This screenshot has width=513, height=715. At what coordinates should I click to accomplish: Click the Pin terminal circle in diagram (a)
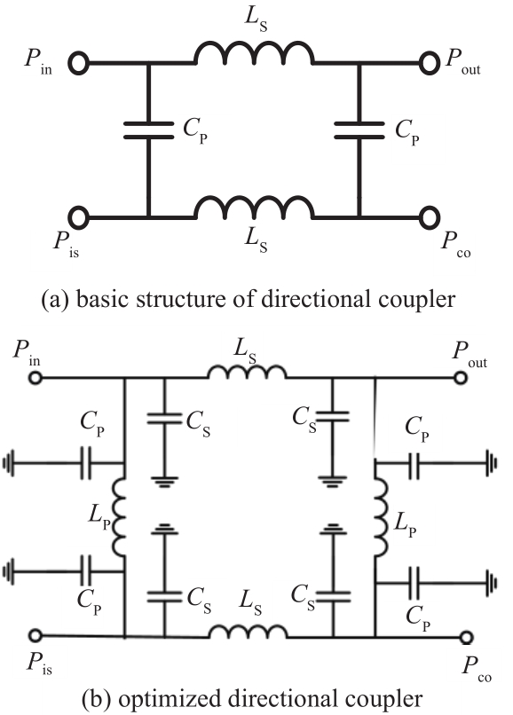point(78,63)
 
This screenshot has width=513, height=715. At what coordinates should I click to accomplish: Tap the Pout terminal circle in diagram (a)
point(429,63)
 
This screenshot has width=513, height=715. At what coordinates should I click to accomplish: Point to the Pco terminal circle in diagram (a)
point(429,217)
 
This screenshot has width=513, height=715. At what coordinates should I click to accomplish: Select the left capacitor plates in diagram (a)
point(149,130)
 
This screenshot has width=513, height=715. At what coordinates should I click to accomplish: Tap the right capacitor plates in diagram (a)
point(359,130)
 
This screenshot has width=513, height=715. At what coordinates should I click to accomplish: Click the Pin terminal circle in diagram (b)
point(36,378)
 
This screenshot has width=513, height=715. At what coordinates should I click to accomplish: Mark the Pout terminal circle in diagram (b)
point(460,378)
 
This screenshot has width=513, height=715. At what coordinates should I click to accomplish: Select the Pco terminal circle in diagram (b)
point(466,637)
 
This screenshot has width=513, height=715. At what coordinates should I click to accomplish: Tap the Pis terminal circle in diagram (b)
point(36,635)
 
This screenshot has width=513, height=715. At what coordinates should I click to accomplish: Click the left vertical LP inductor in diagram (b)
point(118,517)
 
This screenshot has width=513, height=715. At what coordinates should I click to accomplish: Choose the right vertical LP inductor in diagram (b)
point(382,517)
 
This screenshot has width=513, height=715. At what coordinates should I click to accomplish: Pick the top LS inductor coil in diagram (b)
point(248,372)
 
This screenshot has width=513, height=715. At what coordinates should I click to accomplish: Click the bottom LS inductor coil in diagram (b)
point(249,631)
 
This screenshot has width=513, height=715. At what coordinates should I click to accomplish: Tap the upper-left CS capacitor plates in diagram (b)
point(164,418)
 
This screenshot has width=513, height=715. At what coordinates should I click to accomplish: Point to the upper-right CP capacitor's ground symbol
point(492,463)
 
